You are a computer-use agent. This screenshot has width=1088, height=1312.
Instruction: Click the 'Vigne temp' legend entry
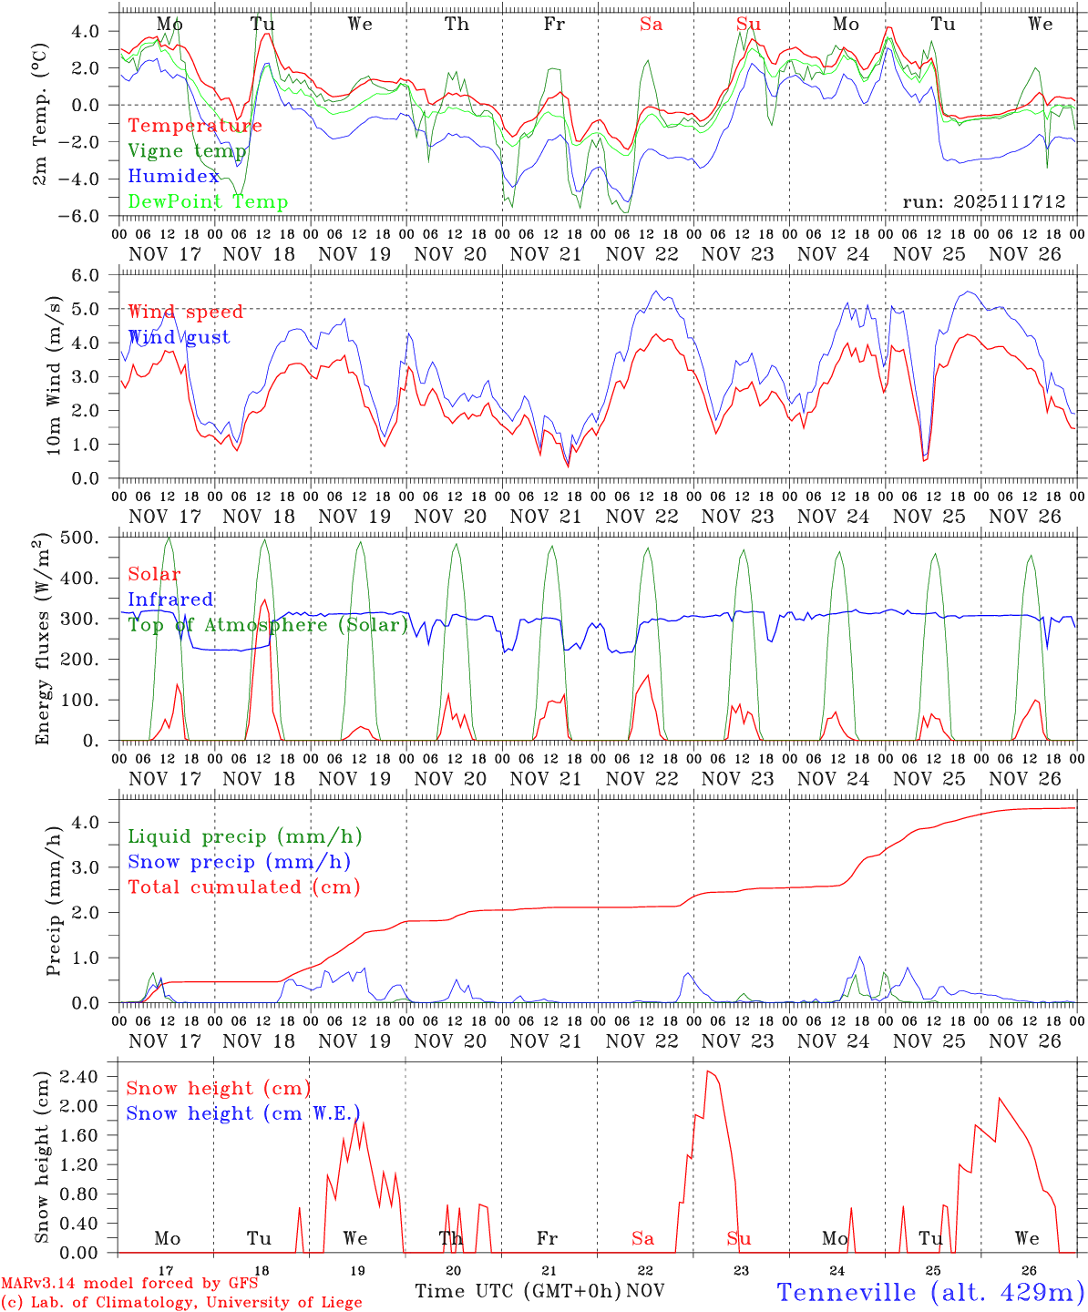(187, 151)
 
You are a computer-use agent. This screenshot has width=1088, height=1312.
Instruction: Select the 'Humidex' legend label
(174, 177)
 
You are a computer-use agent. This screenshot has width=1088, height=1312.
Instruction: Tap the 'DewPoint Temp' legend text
(208, 202)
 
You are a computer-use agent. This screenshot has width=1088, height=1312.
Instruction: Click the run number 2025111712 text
(983, 201)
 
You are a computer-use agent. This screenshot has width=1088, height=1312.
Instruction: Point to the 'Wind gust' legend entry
(179, 337)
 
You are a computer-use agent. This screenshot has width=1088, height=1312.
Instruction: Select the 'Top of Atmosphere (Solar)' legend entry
(268, 625)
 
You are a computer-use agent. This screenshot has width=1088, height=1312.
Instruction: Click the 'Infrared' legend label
(170, 600)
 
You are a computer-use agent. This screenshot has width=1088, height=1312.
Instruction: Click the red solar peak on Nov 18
(264, 600)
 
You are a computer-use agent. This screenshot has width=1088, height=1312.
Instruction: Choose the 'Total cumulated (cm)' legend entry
(243, 887)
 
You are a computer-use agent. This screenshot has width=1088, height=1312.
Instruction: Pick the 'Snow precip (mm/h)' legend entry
(239, 862)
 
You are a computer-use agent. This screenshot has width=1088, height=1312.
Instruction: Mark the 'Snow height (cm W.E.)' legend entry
(243, 1113)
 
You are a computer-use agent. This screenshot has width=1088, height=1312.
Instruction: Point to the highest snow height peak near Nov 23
(709, 1071)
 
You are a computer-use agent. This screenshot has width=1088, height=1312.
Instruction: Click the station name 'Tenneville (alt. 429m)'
(929, 1292)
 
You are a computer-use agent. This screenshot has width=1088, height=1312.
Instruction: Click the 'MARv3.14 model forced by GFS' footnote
(129, 1284)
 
